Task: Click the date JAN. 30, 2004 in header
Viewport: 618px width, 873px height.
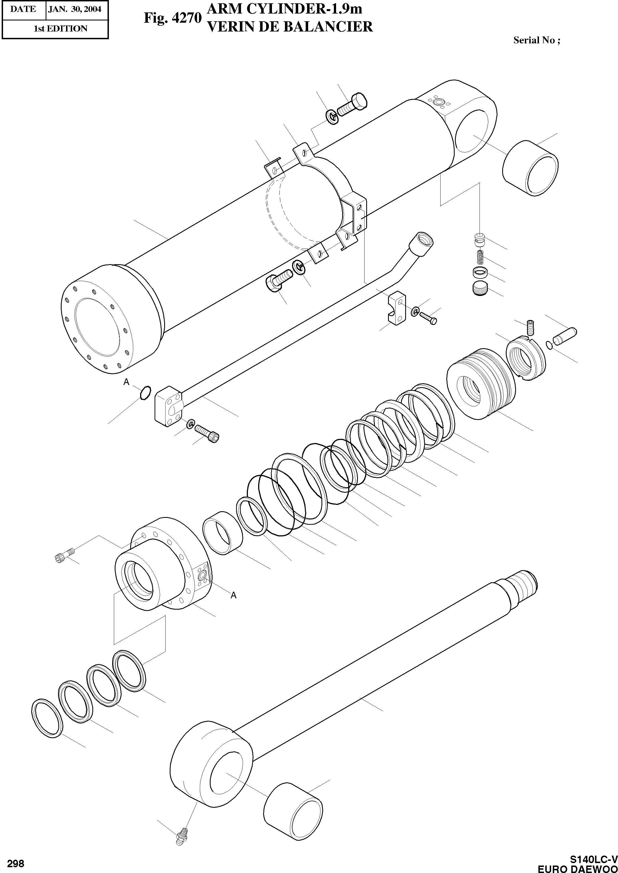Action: click(x=75, y=9)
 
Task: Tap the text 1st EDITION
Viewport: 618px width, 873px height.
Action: click(x=61, y=28)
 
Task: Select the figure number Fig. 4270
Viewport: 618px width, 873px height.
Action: click(x=172, y=18)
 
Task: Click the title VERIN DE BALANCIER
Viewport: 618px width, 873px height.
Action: click(x=289, y=27)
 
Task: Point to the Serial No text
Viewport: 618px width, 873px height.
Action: click(x=536, y=40)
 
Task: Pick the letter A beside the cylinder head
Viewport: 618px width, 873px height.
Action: click(x=234, y=595)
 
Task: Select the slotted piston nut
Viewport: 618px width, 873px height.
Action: click(x=525, y=358)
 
